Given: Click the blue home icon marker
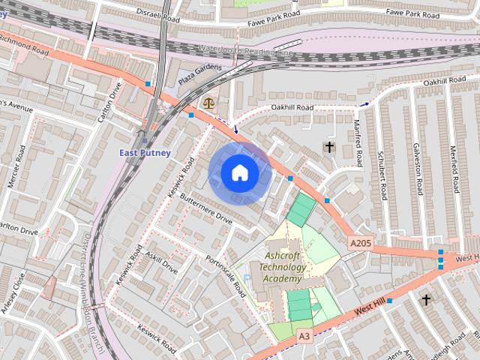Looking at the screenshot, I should click(x=239, y=173).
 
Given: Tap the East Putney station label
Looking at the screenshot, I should click(x=145, y=153).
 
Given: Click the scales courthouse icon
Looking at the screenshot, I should click(x=208, y=103).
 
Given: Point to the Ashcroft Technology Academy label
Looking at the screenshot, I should click(x=283, y=266).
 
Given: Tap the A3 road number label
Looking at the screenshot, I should click(x=303, y=335).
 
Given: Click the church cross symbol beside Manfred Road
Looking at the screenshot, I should click(x=328, y=146).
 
